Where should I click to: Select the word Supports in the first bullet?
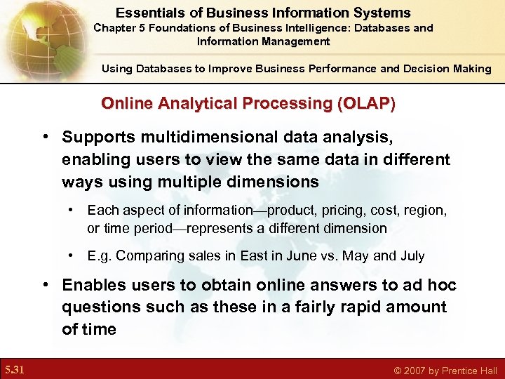pyautogui.click(x=97, y=138)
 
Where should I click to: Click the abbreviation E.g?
pyautogui.click(x=100, y=255)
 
